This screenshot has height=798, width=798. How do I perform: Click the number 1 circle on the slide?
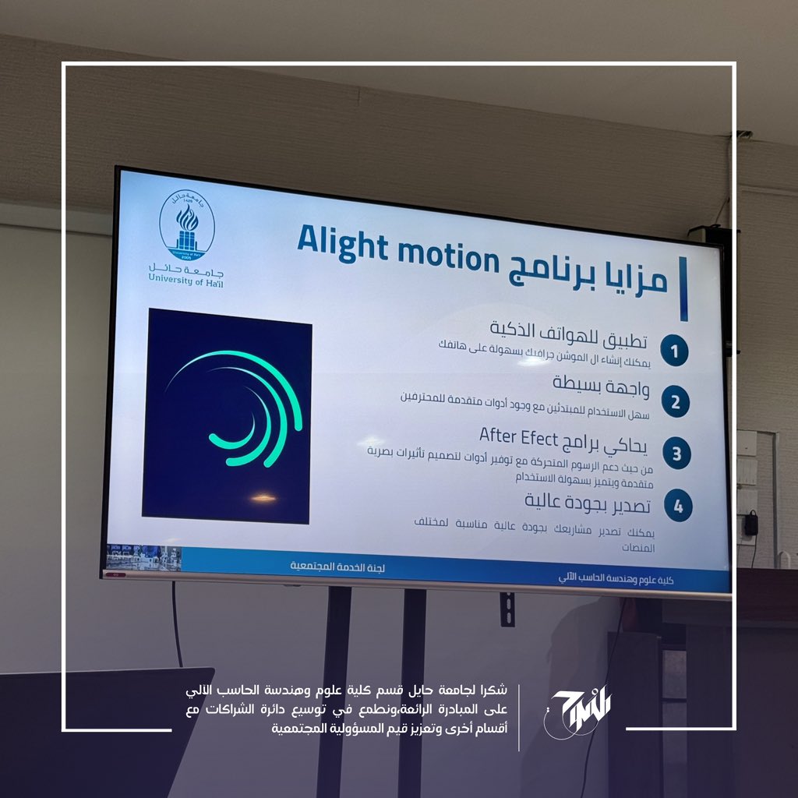(x=674, y=351)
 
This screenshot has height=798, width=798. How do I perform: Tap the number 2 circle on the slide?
(x=676, y=402)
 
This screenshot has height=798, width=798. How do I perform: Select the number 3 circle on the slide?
(x=677, y=454)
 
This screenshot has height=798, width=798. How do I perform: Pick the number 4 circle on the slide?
(x=679, y=506)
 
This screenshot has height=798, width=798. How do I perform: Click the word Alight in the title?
(x=343, y=243)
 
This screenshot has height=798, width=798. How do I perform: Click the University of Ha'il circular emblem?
(x=187, y=225)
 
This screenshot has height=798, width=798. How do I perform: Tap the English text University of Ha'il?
(x=185, y=280)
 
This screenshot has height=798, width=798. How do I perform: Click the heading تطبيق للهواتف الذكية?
(x=568, y=334)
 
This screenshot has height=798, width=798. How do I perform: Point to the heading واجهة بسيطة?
(x=601, y=386)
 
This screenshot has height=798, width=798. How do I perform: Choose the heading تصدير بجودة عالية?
(x=588, y=503)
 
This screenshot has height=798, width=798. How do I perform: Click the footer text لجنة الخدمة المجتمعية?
(x=337, y=567)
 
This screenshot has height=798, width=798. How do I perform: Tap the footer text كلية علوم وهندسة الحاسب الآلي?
(x=616, y=578)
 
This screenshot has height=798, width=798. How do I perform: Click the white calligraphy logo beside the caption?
(x=577, y=711)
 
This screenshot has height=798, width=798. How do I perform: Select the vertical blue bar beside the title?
(x=683, y=288)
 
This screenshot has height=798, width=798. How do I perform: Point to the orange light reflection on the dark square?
(x=263, y=498)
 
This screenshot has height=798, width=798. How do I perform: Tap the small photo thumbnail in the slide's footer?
(x=144, y=557)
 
